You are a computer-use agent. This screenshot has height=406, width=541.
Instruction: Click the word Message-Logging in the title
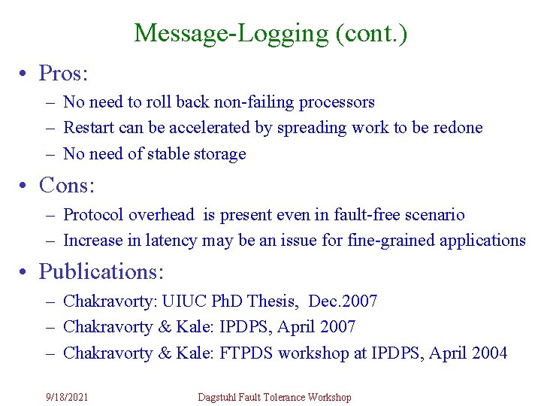(x=230, y=33)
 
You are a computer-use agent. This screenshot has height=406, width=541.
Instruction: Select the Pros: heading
(x=64, y=73)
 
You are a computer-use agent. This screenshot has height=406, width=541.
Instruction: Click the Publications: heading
(x=101, y=271)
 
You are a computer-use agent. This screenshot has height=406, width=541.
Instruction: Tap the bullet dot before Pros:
(x=26, y=74)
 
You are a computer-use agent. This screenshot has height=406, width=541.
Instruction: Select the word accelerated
(x=198, y=128)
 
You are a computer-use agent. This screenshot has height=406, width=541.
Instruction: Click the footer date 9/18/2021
(x=66, y=397)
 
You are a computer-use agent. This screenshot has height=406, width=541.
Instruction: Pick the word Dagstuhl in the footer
(x=218, y=397)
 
